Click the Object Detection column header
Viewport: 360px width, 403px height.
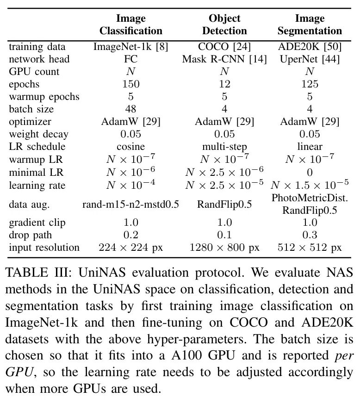[224, 25]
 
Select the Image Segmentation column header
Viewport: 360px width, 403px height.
[310, 25]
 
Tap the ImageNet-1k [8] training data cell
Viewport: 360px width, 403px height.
[131, 47]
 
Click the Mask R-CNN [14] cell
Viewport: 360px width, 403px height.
[224, 59]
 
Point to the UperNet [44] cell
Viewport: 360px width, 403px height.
[310, 59]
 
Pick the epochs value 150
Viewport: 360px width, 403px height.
[131, 84]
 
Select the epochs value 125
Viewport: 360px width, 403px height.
[310, 84]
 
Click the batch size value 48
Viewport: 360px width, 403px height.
[131, 109]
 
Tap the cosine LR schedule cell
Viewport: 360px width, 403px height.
[131, 147]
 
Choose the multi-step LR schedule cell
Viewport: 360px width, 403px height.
[224, 147]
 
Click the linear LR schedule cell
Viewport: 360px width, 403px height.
[310, 147]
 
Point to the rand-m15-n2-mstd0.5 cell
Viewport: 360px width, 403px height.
[131, 204]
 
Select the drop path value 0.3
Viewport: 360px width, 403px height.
[310, 235]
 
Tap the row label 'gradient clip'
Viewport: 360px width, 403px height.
[37, 223]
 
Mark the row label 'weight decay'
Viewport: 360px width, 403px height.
[39, 134]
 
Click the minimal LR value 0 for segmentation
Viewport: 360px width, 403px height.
[310, 173]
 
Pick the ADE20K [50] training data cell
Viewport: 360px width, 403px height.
[310, 47]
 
